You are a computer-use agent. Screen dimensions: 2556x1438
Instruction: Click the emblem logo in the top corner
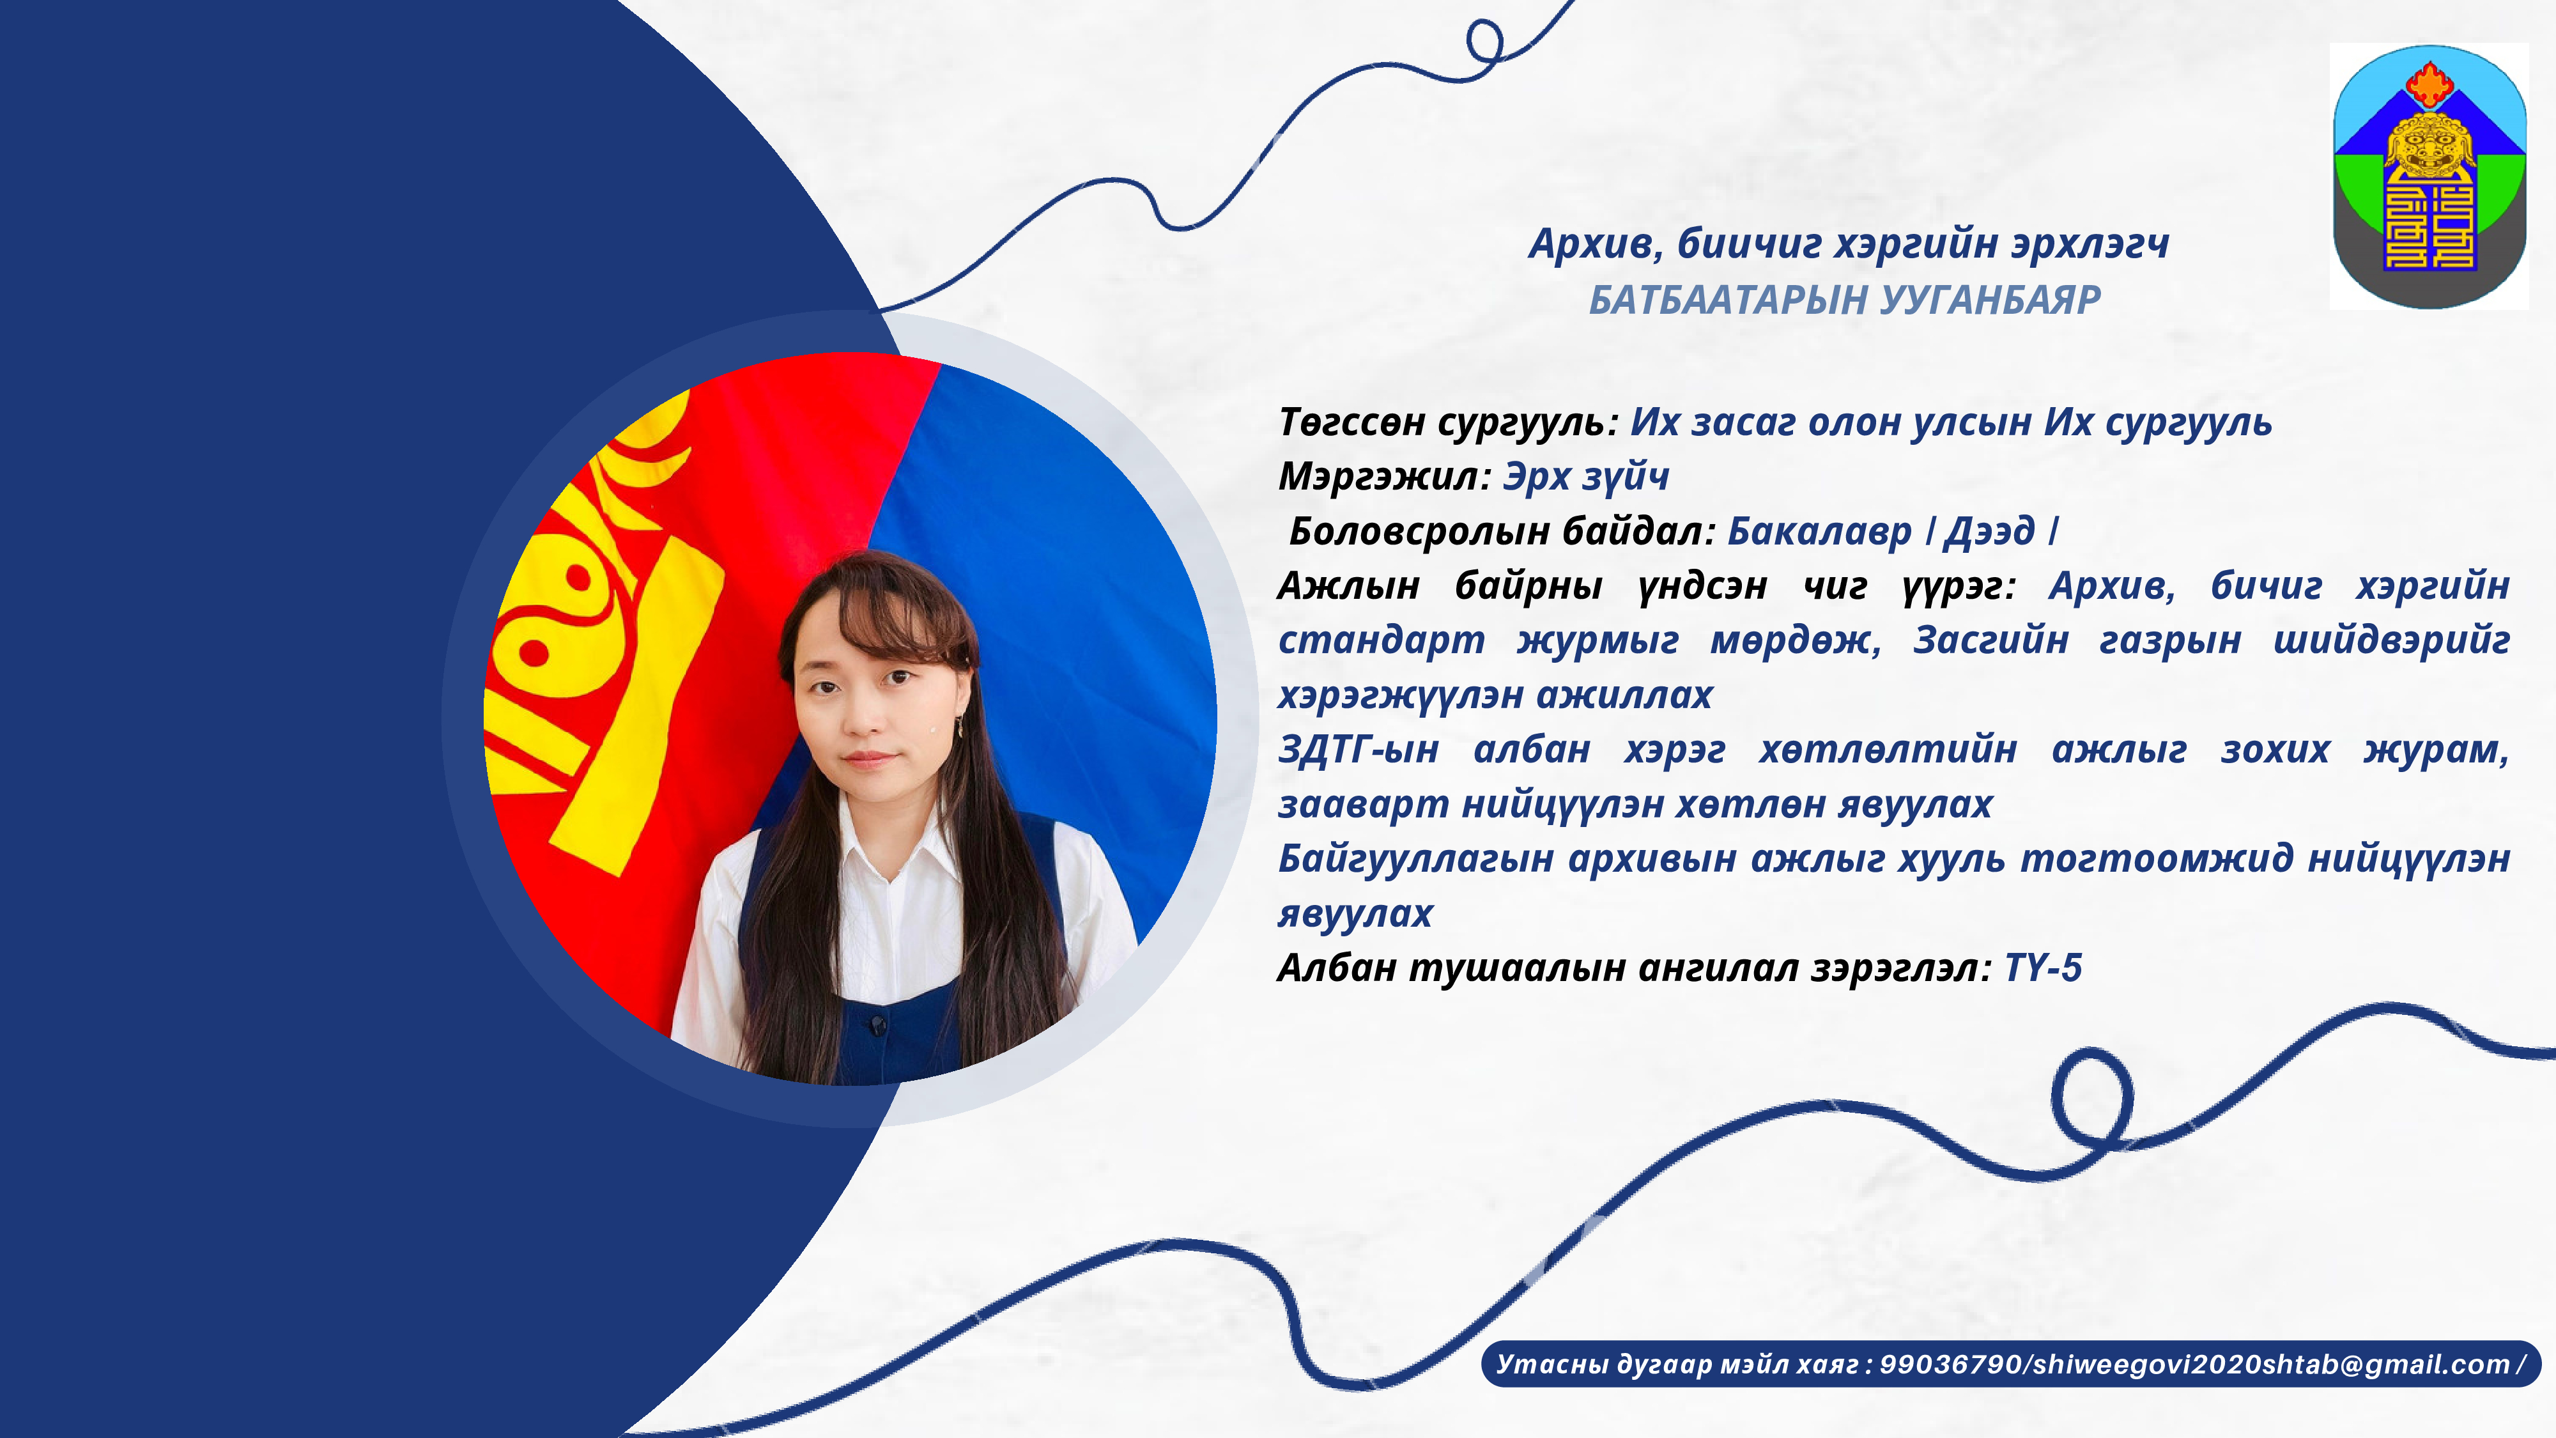click(2429, 176)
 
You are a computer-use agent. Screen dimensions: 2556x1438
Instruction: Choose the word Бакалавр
click(1819, 532)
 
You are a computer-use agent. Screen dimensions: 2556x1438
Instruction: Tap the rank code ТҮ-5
click(2043, 968)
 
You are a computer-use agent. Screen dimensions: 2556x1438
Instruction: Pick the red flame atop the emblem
click(2429, 84)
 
